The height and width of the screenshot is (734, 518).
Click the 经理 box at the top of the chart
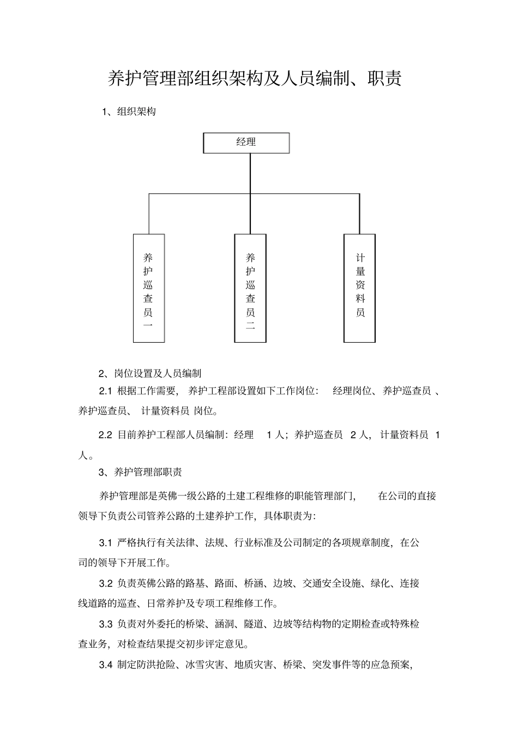[x=246, y=143]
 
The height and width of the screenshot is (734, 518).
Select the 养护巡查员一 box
[x=149, y=288]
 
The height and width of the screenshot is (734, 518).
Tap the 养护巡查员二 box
[x=250, y=288]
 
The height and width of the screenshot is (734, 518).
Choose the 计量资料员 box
[x=360, y=288]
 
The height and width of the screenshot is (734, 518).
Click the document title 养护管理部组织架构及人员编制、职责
[x=255, y=79]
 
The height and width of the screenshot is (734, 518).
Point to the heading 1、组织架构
[x=129, y=112]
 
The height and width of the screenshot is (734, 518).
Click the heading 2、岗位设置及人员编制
[x=150, y=373]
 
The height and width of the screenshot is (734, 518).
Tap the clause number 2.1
[x=105, y=391]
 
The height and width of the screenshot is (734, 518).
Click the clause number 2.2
[x=105, y=435]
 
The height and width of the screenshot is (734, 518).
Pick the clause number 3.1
[x=105, y=542]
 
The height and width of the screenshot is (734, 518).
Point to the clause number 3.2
[x=105, y=583]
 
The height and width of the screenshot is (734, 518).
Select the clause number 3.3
[x=105, y=624]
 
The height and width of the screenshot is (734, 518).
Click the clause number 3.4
[x=105, y=665]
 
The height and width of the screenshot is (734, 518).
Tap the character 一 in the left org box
[x=148, y=326]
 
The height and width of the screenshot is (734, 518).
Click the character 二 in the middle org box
[x=250, y=326]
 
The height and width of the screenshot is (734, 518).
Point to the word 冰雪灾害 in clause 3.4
[x=205, y=665]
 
